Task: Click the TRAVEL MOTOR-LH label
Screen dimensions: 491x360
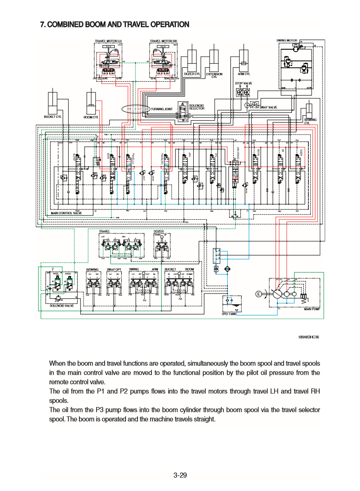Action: (108, 41)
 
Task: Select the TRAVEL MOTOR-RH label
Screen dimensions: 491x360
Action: (164, 41)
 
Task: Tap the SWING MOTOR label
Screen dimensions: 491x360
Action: (287, 40)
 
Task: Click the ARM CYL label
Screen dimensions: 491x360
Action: (244, 74)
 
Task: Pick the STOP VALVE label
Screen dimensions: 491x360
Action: (243, 83)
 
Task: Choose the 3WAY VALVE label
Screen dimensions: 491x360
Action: (268, 107)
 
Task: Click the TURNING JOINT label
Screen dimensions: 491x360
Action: (162, 109)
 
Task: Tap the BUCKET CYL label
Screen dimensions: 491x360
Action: (52, 117)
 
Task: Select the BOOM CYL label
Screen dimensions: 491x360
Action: (91, 118)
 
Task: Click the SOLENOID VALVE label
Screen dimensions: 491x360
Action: (61, 306)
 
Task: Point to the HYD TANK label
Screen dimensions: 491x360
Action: (229, 314)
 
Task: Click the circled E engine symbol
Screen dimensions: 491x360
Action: (258, 294)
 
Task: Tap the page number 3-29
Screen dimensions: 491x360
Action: (180, 475)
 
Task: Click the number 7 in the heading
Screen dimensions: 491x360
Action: (43, 24)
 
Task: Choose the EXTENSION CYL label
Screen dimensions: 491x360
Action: (214, 75)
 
